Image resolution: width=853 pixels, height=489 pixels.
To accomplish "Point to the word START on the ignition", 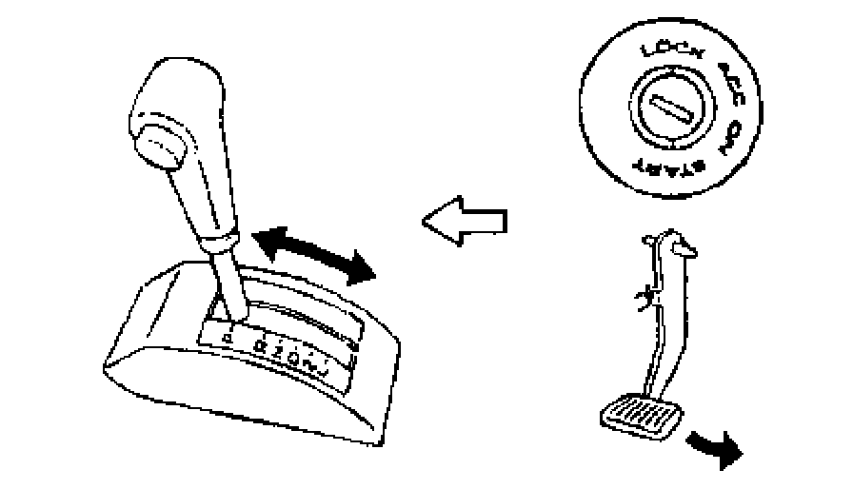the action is pyautogui.click(x=675, y=167).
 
